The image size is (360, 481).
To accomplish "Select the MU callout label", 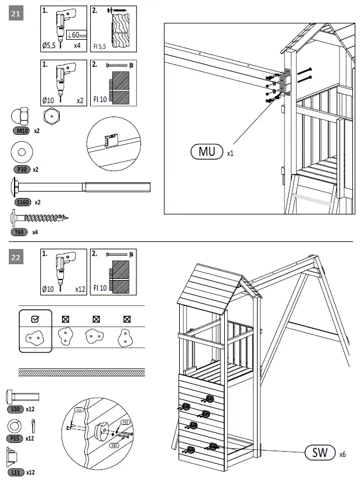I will point(207,152).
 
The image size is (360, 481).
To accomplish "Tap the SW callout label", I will point(320,453).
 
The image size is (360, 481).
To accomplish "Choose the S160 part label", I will point(22,202).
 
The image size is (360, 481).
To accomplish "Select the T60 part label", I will point(20,232).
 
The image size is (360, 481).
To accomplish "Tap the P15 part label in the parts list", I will point(15,438).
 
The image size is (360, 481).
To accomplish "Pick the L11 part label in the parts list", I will point(15,472).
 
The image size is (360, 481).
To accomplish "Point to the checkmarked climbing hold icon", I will point(35,337).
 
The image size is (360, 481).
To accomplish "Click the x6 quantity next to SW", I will point(342,453).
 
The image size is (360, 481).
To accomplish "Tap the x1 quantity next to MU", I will point(230,153).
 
